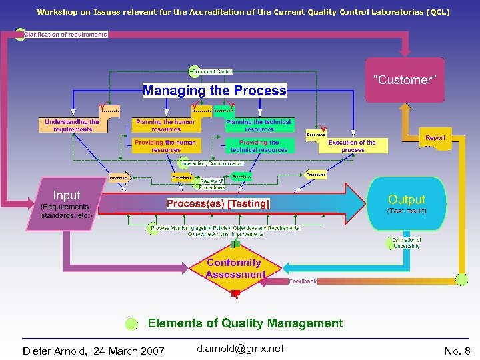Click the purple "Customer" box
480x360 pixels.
(x=405, y=80)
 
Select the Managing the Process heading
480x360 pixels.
(x=214, y=90)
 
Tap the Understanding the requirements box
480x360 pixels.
(x=71, y=125)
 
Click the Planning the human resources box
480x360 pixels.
(x=165, y=125)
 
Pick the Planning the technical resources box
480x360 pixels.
(x=259, y=125)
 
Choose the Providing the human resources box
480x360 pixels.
(x=165, y=146)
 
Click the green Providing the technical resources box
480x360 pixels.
(x=259, y=146)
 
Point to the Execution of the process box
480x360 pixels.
(x=352, y=146)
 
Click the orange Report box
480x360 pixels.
(x=435, y=138)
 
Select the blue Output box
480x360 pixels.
(x=407, y=203)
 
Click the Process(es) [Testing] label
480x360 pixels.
(x=218, y=203)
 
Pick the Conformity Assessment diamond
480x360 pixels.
(x=235, y=269)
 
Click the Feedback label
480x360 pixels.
(x=303, y=281)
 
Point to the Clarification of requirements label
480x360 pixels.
(x=65, y=35)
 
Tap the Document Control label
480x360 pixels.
(x=213, y=71)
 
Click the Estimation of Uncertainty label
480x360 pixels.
(x=405, y=243)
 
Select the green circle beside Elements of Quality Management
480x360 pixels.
(x=132, y=324)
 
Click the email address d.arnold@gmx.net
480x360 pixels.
(x=240, y=349)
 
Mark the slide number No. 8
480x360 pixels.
(x=457, y=351)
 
